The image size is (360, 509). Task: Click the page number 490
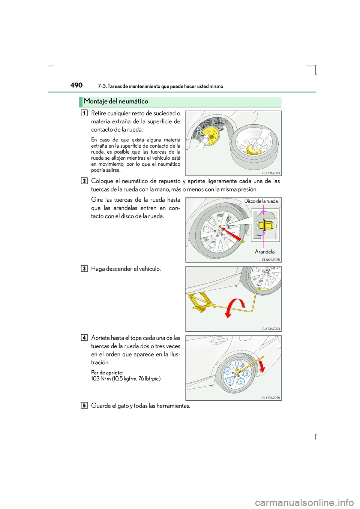point(76,85)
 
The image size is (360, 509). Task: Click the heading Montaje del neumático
point(116,101)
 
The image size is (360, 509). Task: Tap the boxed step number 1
point(84,113)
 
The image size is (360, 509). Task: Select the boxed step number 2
point(84,181)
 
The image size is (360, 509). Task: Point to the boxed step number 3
point(84,268)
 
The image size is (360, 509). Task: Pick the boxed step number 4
point(84,337)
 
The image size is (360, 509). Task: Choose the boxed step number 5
point(84,405)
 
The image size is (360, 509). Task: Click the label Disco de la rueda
point(261,201)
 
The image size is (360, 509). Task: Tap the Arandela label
point(265,252)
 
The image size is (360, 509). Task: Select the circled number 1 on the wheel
point(238,364)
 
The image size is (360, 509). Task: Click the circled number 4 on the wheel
point(227,371)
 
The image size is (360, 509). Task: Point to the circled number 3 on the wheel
point(246,374)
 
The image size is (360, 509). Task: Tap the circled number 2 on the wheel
point(229,381)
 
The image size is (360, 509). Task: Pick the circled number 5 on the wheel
point(241,382)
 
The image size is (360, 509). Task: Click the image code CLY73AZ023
point(271,173)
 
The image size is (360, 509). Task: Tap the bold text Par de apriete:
point(107,373)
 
